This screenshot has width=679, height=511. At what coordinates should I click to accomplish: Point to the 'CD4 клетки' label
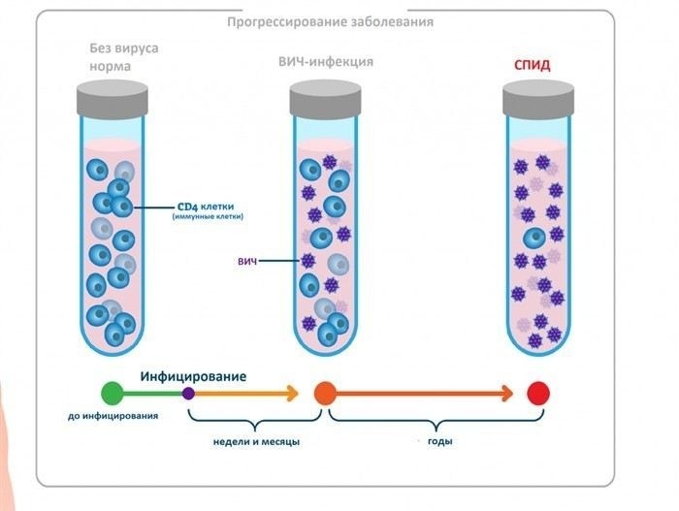click(x=208, y=207)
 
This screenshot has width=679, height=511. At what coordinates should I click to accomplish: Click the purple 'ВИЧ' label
click(x=275, y=261)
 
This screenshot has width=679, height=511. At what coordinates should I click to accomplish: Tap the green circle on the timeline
click(x=113, y=393)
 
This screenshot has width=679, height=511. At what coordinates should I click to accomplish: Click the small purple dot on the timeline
click(x=188, y=393)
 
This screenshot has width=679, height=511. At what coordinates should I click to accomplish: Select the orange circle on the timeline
click(x=325, y=393)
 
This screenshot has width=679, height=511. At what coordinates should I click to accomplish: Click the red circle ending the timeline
click(x=538, y=393)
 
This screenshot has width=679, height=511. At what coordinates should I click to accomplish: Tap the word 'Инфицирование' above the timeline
click(x=193, y=374)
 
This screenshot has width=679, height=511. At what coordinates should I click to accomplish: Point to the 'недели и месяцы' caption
click(x=255, y=441)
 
